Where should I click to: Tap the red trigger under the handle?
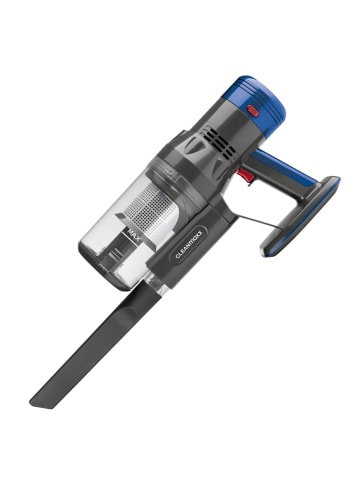242,177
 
